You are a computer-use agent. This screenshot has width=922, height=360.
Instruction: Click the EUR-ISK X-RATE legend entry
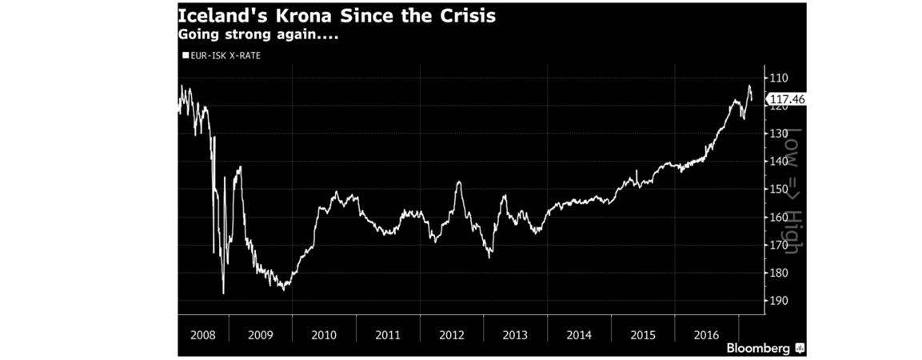tap(221, 55)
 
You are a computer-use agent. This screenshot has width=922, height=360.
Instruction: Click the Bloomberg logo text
tap(759, 349)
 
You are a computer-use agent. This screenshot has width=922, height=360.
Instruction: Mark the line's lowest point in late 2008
tap(223, 293)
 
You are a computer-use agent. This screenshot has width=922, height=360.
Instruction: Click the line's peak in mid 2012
tap(459, 182)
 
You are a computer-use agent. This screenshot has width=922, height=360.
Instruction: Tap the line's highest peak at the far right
tap(749, 86)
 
